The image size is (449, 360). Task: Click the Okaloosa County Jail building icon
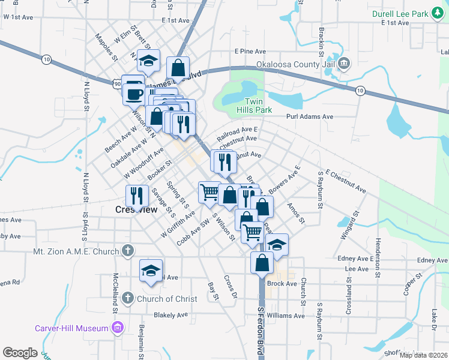click(x=345, y=63)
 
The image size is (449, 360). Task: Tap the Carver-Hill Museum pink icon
click(x=117, y=328)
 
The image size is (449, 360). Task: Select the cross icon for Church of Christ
click(x=127, y=298)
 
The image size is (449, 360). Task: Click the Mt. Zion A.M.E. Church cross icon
click(x=127, y=250)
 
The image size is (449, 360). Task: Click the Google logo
click(x=20, y=353)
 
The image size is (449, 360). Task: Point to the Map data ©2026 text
click(x=424, y=354)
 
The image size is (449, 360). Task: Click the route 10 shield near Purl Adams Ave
click(x=360, y=91)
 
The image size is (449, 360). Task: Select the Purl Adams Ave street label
click(x=309, y=116)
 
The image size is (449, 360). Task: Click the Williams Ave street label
click(x=286, y=316)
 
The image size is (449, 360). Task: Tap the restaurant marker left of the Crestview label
click(x=136, y=196)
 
